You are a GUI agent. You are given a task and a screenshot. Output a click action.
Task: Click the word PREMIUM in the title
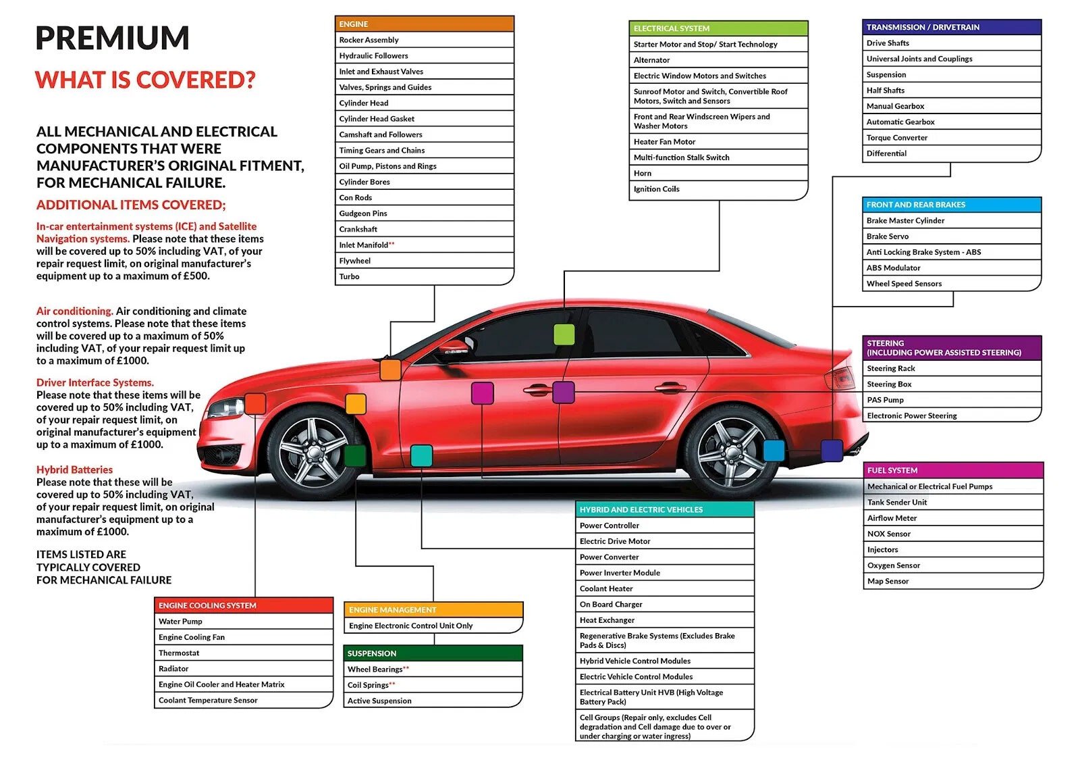coord(112,38)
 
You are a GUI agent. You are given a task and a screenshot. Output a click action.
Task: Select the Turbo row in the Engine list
coord(425,276)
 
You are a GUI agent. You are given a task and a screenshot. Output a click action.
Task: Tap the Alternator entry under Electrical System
coord(718,60)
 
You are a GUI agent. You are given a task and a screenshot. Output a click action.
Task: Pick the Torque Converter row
coord(951,138)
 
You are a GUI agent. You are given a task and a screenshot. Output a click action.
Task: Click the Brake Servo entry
coord(951,236)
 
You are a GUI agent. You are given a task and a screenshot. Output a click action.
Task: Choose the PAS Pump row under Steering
coord(952,400)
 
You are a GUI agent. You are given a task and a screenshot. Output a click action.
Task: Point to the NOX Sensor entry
coord(953,534)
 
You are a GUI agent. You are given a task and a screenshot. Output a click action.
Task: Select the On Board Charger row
coord(664,605)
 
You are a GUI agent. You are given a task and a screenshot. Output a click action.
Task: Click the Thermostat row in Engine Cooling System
coord(244,653)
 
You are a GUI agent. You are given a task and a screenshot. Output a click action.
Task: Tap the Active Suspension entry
coord(433,701)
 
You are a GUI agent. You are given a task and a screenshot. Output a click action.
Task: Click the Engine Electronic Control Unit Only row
coord(433,626)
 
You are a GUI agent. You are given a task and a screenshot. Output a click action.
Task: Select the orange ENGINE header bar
coord(425,24)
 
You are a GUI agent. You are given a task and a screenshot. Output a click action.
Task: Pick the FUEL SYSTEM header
coord(953,470)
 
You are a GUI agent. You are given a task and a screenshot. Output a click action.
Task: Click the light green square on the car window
coord(564,335)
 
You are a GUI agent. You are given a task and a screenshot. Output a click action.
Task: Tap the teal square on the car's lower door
coord(421,456)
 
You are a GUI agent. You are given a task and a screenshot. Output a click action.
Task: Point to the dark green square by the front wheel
coord(355,456)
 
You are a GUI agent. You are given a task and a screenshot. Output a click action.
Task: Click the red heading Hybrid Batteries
coord(74,470)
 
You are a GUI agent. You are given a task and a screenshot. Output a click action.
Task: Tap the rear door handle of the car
coord(670,387)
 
